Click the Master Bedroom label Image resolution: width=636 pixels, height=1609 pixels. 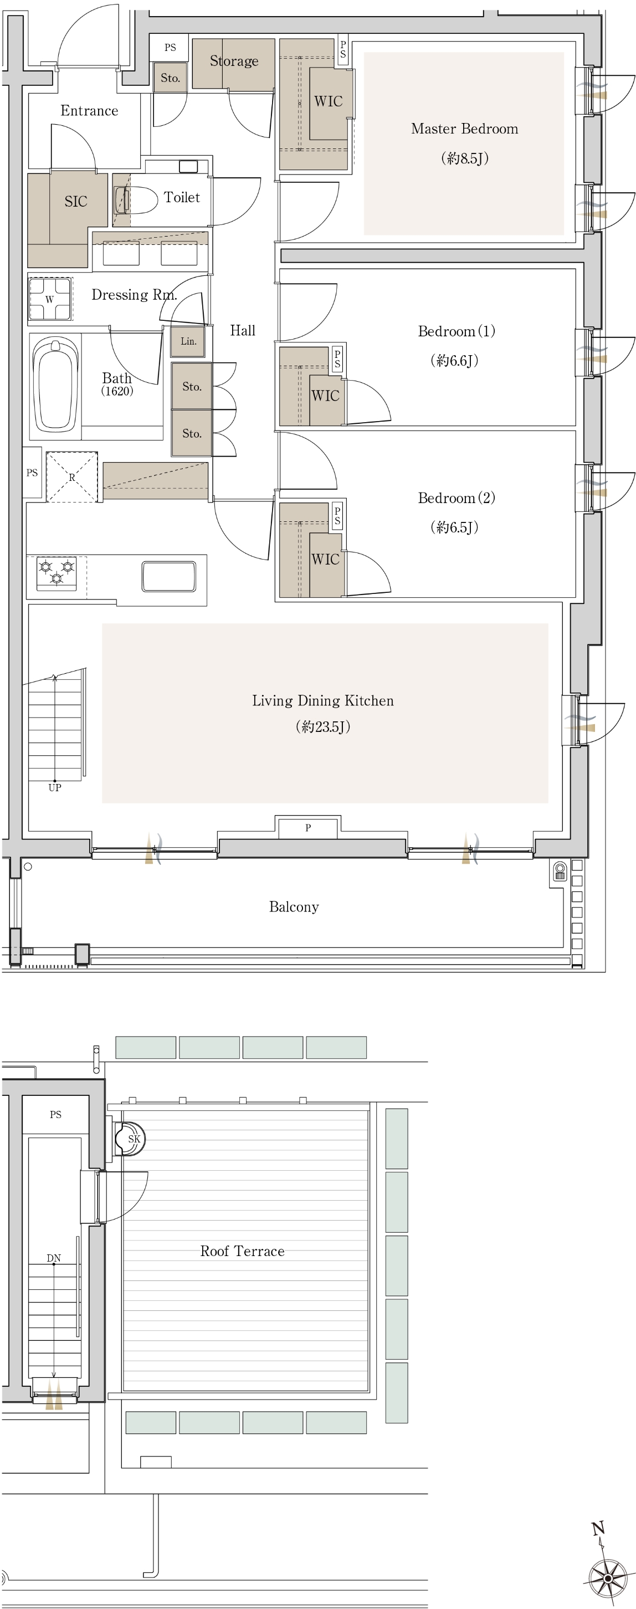(464, 129)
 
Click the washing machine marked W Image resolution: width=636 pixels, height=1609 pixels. (50, 299)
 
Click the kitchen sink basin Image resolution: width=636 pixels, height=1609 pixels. (168, 576)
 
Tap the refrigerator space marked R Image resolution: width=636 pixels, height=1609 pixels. (72, 476)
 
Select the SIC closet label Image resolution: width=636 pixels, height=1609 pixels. (75, 201)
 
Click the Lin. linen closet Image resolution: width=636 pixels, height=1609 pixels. (188, 342)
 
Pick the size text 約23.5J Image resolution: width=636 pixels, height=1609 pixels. (322, 726)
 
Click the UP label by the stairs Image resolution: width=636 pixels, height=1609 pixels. (55, 788)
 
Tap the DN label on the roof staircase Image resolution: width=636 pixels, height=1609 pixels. (54, 1258)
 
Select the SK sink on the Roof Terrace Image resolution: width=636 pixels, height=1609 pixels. (130, 1139)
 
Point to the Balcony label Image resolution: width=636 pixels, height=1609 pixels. (294, 907)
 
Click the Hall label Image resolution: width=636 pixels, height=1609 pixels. (243, 330)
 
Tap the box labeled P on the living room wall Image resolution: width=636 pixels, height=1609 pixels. (308, 828)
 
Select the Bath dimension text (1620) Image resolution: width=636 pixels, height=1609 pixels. (117, 392)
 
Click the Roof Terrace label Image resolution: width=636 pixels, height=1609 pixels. (243, 1251)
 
